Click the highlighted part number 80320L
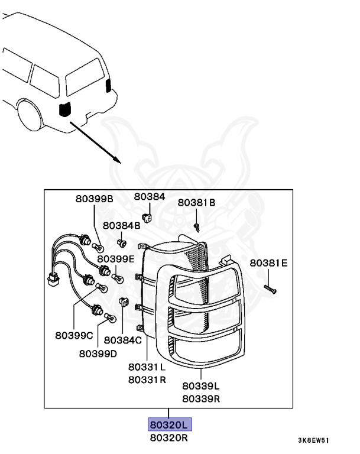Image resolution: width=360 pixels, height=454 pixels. (170, 426)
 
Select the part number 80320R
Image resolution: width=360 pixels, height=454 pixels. (170, 438)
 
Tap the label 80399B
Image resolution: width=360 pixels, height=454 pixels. (93, 199)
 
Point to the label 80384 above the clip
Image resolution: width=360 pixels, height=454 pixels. (150, 196)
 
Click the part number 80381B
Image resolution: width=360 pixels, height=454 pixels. (197, 202)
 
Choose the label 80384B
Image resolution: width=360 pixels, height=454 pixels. (121, 226)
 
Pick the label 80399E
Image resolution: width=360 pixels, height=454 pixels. (116, 258)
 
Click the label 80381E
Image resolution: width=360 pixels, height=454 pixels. (268, 263)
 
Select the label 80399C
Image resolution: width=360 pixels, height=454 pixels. (74, 336)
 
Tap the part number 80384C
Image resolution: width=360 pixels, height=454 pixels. (123, 340)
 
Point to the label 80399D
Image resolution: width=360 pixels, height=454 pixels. (98, 354)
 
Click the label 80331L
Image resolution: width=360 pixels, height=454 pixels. (147, 366)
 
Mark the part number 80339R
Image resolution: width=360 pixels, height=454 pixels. (201, 398)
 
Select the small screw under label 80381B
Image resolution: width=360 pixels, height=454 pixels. (197, 226)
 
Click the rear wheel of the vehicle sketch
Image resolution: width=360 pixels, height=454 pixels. (30, 115)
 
